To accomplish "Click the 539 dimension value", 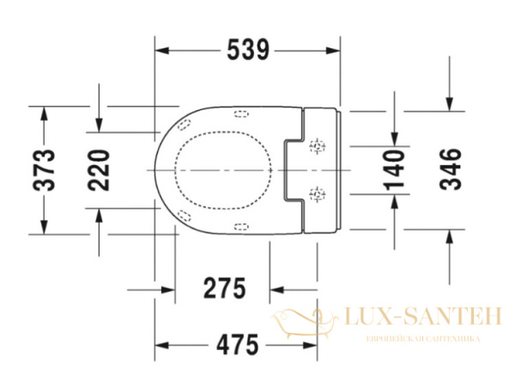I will pos(248,51).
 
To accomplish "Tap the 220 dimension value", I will pos(100,169).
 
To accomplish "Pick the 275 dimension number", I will pos(224,288).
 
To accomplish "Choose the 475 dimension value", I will pos(236,346).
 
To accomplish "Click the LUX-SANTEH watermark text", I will pos(421,320).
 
